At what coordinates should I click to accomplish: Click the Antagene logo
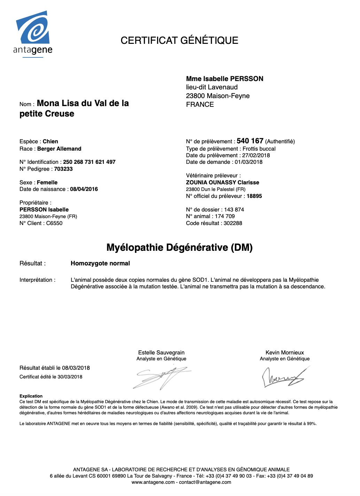[33, 34]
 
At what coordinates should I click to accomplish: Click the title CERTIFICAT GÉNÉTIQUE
[179, 40]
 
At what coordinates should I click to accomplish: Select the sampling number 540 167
[250, 141]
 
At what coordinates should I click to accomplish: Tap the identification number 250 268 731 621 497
[89, 162]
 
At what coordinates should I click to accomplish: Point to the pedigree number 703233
[63, 169]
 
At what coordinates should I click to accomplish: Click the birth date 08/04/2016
[84, 189]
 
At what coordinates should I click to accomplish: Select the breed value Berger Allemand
[59, 149]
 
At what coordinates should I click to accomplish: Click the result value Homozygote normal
[100, 263]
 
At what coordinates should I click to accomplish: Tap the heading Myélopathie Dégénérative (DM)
[179, 248]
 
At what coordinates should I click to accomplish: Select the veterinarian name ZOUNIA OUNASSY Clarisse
[222, 183]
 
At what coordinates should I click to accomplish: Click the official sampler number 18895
[254, 196]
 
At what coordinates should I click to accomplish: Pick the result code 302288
[233, 223]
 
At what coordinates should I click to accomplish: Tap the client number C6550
[54, 223]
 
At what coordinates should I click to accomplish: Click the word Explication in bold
[31, 396]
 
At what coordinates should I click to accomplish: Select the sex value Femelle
[47, 183]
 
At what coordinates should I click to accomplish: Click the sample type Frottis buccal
[259, 149]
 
